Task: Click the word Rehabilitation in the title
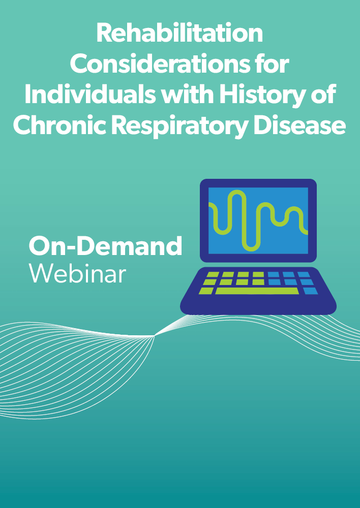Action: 179,34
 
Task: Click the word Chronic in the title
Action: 59,125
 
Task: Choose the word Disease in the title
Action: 299,125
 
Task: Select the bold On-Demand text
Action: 105,245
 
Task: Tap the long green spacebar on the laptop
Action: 257,291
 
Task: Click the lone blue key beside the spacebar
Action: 310,291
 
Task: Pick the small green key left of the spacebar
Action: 206,291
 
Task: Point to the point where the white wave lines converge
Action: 155,336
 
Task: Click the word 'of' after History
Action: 324,94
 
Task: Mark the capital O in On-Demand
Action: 39,245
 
